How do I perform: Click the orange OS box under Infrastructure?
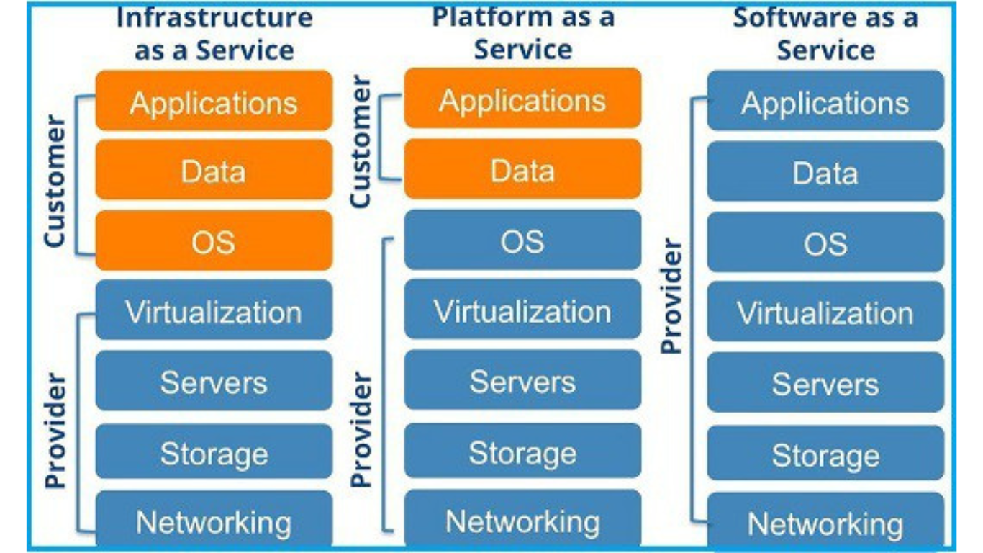coord(214,241)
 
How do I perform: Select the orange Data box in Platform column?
coord(522,170)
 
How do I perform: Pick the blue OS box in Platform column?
coord(522,240)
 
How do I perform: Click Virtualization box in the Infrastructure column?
coord(214,311)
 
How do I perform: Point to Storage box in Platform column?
coord(522,452)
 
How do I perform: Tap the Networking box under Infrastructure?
coord(214,521)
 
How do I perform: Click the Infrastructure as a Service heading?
coord(214,34)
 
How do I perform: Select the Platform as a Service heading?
coord(522,32)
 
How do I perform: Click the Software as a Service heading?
coord(825,34)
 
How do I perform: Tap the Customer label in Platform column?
coord(361,143)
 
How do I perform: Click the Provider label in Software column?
coord(671,296)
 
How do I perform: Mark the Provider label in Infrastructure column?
coord(55,431)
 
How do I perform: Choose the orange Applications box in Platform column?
coord(522,99)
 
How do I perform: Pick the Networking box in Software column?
coord(825,523)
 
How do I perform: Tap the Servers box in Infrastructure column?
coord(214,382)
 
